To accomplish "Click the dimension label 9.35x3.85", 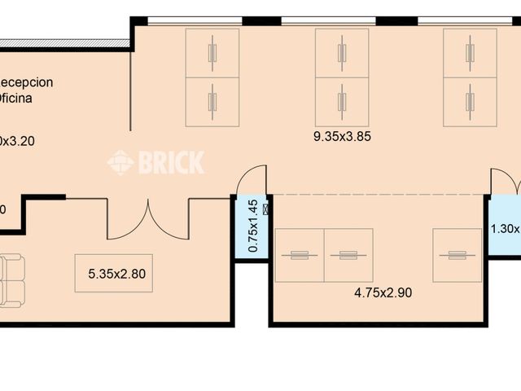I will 342,137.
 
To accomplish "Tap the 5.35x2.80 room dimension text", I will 116,274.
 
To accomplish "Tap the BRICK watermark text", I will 171,162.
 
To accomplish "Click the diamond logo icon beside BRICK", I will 120,162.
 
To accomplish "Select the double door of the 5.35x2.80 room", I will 148,219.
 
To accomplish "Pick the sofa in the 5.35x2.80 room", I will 11,279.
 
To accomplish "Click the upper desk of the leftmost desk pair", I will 212,53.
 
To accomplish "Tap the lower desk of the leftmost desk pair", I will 212,102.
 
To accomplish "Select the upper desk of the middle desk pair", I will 342,53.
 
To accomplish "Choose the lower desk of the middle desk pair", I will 342,102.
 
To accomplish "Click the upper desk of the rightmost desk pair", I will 470,53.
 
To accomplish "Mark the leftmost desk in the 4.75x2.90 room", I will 300,255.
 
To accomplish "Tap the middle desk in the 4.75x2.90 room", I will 348,255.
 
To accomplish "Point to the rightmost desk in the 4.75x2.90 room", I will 457,255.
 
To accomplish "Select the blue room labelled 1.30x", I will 505,228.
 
